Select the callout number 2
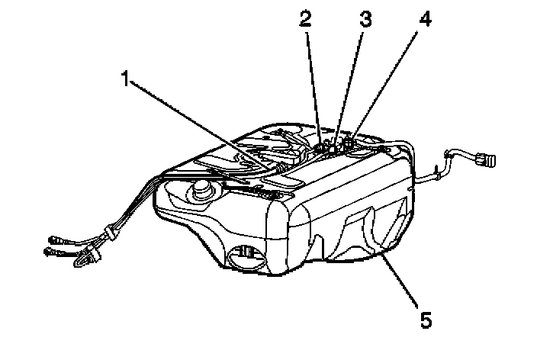click(x=306, y=21)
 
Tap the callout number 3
click(x=366, y=21)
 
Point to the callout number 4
click(x=425, y=21)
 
